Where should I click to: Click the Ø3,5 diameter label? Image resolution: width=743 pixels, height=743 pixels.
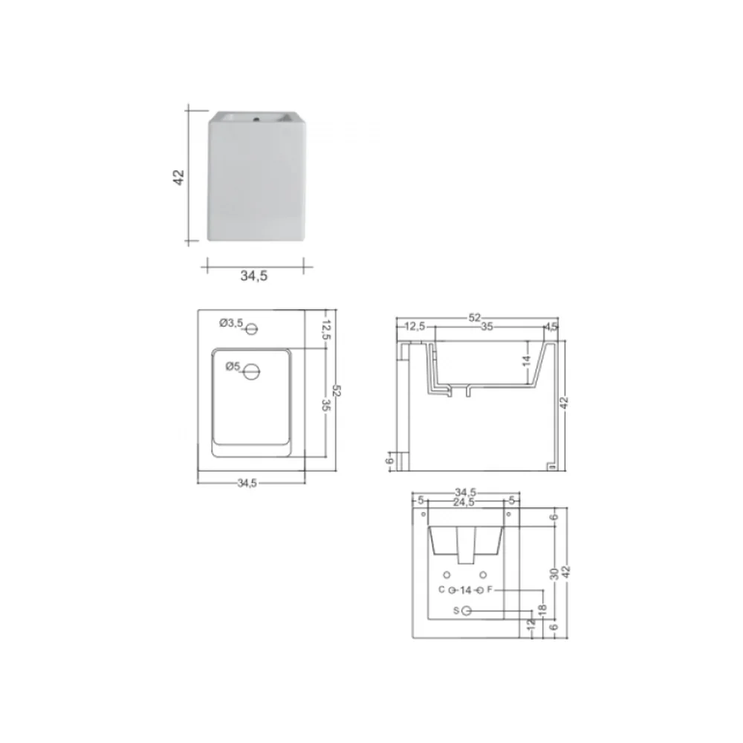pyautogui.click(x=231, y=323)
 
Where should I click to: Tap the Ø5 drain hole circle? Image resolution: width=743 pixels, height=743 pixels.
pyautogui.click(x=252, y=372)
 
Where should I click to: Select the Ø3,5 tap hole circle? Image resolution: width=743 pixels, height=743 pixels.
pyautogui.click(x=252, y=328)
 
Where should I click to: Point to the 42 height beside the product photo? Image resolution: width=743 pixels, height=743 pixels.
pyautogui.click(x=178, y=177)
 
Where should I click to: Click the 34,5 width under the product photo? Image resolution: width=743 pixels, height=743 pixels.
pyautogui.click(x=254, y=276)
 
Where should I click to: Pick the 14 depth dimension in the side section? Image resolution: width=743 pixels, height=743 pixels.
pyautogui.click(x=527, y=361)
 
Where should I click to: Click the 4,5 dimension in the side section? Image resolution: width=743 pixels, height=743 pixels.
pyautogui.click(x=551, y=326)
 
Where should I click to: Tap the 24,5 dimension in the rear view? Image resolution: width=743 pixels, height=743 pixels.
pyautogui.click(x=464, y=502)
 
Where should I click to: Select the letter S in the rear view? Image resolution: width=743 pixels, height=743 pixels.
pyautogui.click(x=456, y=611)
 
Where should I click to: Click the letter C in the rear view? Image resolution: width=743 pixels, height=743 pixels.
pyautogui.click(x=441, y=589)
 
